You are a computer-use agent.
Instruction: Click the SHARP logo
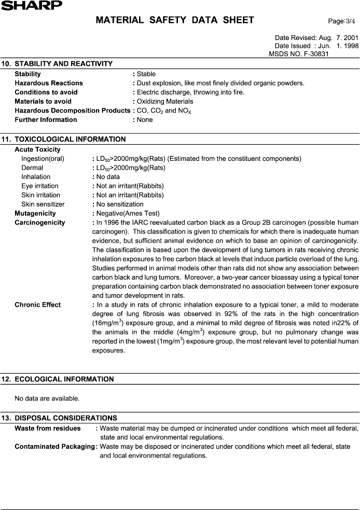pyautogui.click(x=31, y=5)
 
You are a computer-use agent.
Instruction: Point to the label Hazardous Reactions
pyautogui.click(x=49, y=83)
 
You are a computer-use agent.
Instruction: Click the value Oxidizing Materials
pyautogui.click(x=165, y=101)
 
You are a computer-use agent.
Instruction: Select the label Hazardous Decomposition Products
pyautogui.click(x=73, y=111)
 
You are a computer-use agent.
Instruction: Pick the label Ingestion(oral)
pyautogui.click(x=43, y=159)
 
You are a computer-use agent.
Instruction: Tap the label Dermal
pyautogui.click(x=32, y=168)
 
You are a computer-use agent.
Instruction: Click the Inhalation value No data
pyautogui.click(x=108, y=177)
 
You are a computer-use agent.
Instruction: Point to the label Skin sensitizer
pyautogui.click(x=43, y=204)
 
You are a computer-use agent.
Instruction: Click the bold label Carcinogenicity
pyautogui.click(x=40, y=223)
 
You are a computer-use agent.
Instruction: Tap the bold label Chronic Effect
pyautogui.click(x=37, y=305)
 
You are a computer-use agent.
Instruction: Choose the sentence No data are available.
pyautogui.click(x=47, y=398)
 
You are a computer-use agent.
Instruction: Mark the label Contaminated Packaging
pyautogui.click(x=56, y=446)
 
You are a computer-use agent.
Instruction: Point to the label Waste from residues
pyautogui.click(x=48, y=428)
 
